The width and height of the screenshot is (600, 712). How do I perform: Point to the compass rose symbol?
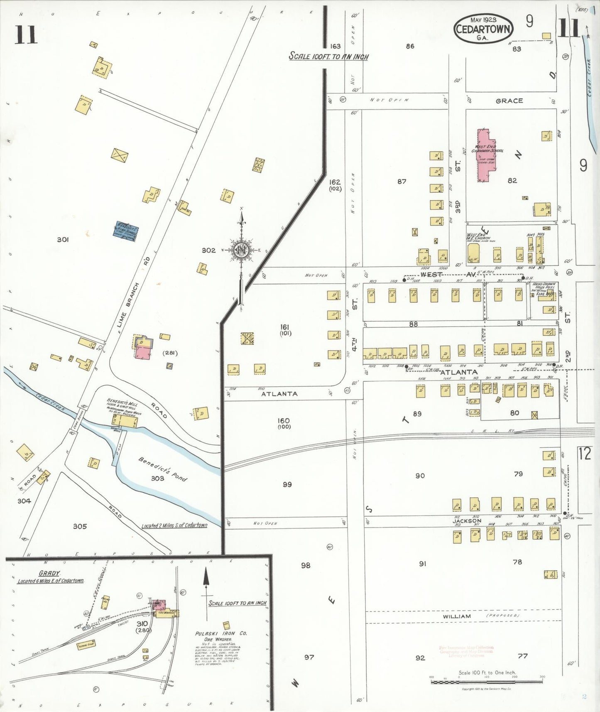coord(241,250)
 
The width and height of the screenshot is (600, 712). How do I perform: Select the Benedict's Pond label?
coord(163,469)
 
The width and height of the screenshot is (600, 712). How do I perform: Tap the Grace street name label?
coord(509,101)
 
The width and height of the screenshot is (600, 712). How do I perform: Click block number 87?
coord(402,182)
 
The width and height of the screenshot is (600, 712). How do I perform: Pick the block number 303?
coord(157,479)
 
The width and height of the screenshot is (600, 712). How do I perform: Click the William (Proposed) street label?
coord(456,616)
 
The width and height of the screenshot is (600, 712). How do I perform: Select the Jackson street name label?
coord(467,520)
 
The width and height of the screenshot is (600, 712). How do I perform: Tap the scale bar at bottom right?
coord(487,681)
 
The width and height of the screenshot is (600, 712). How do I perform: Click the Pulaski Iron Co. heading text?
coord(221,633)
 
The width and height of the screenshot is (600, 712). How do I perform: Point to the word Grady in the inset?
coord(49,573)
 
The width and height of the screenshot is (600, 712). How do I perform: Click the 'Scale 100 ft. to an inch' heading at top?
coord(328,56)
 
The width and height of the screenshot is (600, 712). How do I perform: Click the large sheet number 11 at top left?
coord(26,34)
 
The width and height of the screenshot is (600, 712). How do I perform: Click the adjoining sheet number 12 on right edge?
coord(584,453)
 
